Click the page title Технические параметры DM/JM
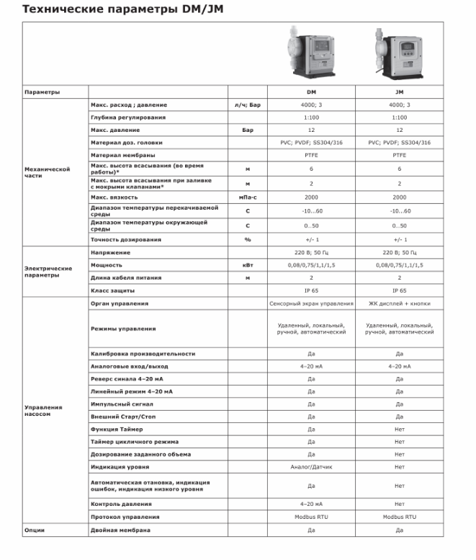[110, 9]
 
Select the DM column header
[311, 92]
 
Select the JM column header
[399, 92]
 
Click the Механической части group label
[47, 172]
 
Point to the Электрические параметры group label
[48, 272]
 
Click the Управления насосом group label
[43, 410]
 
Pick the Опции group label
[35, 530]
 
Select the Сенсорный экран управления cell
[311, 303]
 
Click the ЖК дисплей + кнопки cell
[399, 303]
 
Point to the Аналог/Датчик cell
[311, 466]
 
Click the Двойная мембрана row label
[120, 530]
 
